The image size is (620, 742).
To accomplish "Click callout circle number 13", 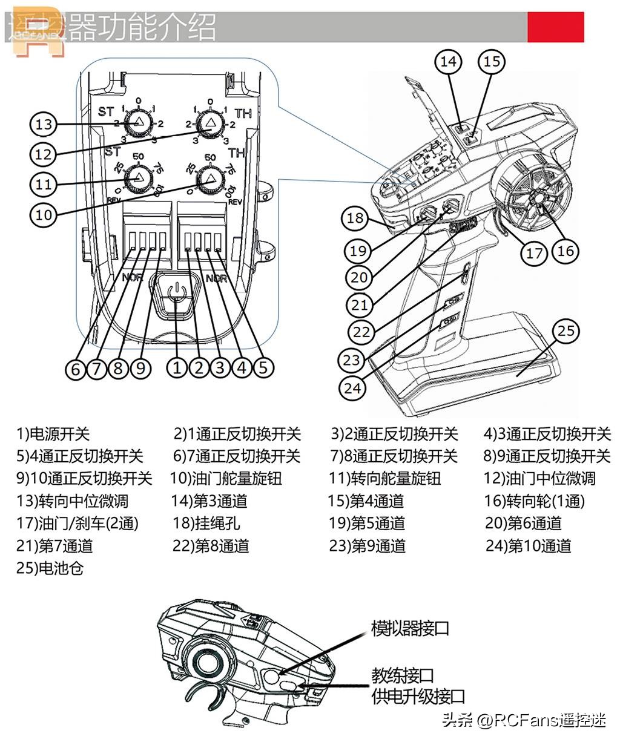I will [44, 125].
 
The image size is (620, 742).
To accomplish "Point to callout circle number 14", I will [449, 61].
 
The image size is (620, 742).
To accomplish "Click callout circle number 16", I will [565, 250].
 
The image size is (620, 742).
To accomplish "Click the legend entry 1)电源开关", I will [53, 434].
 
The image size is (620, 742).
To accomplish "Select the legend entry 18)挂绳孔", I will [206, 524].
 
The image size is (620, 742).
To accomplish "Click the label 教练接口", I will [403, 675].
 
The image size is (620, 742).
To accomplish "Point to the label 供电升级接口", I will [418, 697].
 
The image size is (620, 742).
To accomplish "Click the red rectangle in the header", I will [555, 27].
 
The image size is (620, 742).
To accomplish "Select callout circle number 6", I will [75, 368].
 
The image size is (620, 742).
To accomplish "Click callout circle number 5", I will [263, 367].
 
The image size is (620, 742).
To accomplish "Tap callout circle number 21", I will [359, 304].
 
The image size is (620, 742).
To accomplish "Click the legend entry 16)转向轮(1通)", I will [535, 501].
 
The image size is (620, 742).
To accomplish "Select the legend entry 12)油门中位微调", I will [539, 479].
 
